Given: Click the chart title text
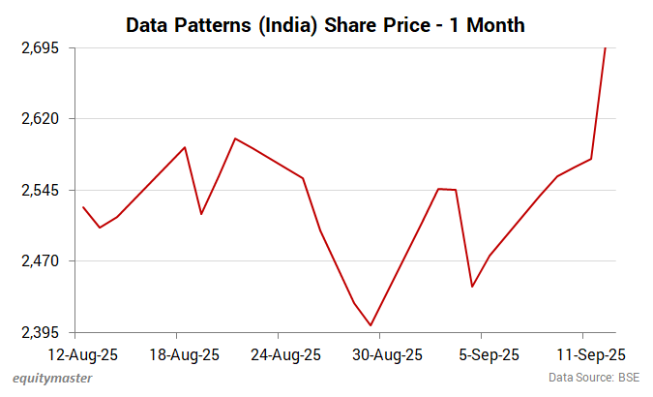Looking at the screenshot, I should (x=326, y=25).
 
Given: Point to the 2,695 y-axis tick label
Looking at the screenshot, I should (x=40, y=48).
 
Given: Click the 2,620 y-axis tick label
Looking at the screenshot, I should (x=40, y=119).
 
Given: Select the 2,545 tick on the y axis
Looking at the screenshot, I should (x=40, y=191).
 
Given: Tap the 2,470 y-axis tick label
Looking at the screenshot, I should (x=40, y=261).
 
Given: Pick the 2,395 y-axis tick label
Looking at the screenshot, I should (x=40, y=333).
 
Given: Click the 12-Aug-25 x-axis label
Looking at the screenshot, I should (x=82, y=354).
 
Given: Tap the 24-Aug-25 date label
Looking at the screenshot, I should (x=285, y=354).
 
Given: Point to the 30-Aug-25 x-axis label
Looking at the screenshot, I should (x=387, y=354).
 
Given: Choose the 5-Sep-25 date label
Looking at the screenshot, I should (x=489, y=354).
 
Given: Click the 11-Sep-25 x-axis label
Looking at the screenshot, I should (x=590, y=354).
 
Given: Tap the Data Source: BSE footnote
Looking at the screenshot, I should (x=595, y=378).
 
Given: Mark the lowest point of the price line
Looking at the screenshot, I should (x=371, y=325).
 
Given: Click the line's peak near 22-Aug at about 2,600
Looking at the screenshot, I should (x=235, y=138).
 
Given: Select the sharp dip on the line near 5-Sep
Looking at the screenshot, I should (x=472, y=287).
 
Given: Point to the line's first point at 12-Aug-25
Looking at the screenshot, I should (x=83, y=206).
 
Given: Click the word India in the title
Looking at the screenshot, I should (x=300, y=25).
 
